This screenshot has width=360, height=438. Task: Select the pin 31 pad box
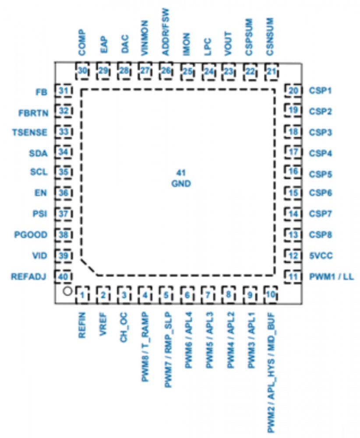(x=64, y=91)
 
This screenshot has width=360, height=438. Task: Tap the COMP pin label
(x=82, y=42)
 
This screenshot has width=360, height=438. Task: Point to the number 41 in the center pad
(x=180, y=172)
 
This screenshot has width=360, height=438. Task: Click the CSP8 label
(x=321, y=235)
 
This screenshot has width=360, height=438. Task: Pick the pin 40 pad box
(x=64, y=276)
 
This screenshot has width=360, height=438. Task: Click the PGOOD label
(x=31, y=235)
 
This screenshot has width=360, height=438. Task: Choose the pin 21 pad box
(x=272, y=71)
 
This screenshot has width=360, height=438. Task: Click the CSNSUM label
(x=270, y=36)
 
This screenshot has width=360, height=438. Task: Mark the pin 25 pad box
(x=187, y=71)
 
